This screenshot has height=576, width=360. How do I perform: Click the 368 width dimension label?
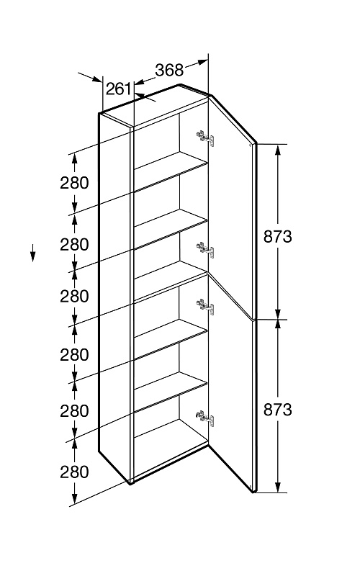click(x=169, y=70)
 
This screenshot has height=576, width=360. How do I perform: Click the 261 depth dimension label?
click(x=118, y=89)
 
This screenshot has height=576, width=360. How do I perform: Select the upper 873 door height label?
click(x=278, y=237)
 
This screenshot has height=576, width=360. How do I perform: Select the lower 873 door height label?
click(x=278, y=409)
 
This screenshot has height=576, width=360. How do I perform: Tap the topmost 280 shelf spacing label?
click(x=75, y=183)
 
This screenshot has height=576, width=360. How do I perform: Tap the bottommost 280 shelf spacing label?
click(x=75, y=472)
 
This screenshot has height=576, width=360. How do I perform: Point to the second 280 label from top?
click(x=75, y=244)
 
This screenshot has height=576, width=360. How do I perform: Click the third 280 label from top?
click(x=75, y=296)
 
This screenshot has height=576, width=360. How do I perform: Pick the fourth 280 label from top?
click(x=75, y=355)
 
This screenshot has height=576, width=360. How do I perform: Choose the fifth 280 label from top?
click(x=75, y=410)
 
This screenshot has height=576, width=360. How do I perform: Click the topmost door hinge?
click(x=205, y=138)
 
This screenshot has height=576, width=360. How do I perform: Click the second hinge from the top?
click(x=205, y=250)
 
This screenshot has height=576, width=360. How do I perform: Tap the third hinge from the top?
click(x=205, y=307)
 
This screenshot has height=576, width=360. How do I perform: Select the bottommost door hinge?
click(x=205, y=418)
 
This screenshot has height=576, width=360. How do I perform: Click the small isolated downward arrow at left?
click(x=32, y=253)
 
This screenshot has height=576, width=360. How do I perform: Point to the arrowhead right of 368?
click(x=202, y=62)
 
